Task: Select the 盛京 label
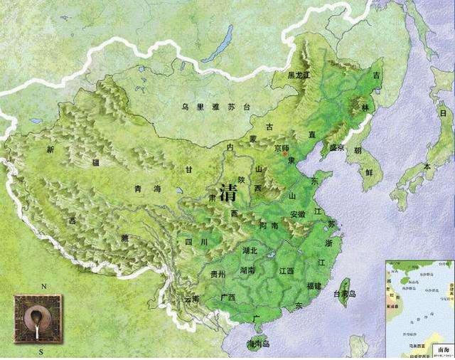point(336,148)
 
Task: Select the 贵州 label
point(218,274)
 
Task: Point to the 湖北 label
point(250,250)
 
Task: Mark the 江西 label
point(287,271)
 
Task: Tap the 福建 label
point(314,286)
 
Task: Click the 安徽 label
point(298,214)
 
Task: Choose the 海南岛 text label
point(257,343)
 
